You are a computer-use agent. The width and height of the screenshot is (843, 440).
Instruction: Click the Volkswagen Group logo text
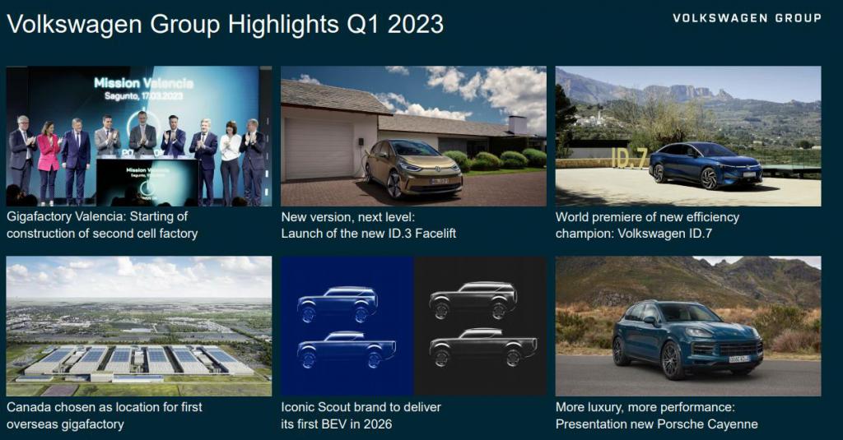(747, 18)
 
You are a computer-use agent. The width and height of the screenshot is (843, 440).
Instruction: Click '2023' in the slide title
(416, 24)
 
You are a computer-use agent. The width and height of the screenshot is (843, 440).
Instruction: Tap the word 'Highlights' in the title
(283, 25)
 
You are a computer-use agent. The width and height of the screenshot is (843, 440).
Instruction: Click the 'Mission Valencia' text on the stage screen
(143, 83)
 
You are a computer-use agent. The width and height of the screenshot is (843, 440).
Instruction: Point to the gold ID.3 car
(413, 167)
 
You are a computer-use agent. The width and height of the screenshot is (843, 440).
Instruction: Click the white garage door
(319, 149)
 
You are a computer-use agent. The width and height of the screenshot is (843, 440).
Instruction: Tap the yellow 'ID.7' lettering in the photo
(628, 157)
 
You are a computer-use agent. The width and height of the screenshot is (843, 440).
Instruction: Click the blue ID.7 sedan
(706, 164)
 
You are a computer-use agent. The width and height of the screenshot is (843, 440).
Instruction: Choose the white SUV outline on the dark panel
(473, 300)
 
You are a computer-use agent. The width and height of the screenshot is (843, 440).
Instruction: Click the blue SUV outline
(338, 304)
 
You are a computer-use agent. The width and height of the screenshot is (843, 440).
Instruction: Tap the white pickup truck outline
(482, 347)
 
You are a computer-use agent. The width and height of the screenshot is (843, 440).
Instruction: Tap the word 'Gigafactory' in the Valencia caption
(40, 216)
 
